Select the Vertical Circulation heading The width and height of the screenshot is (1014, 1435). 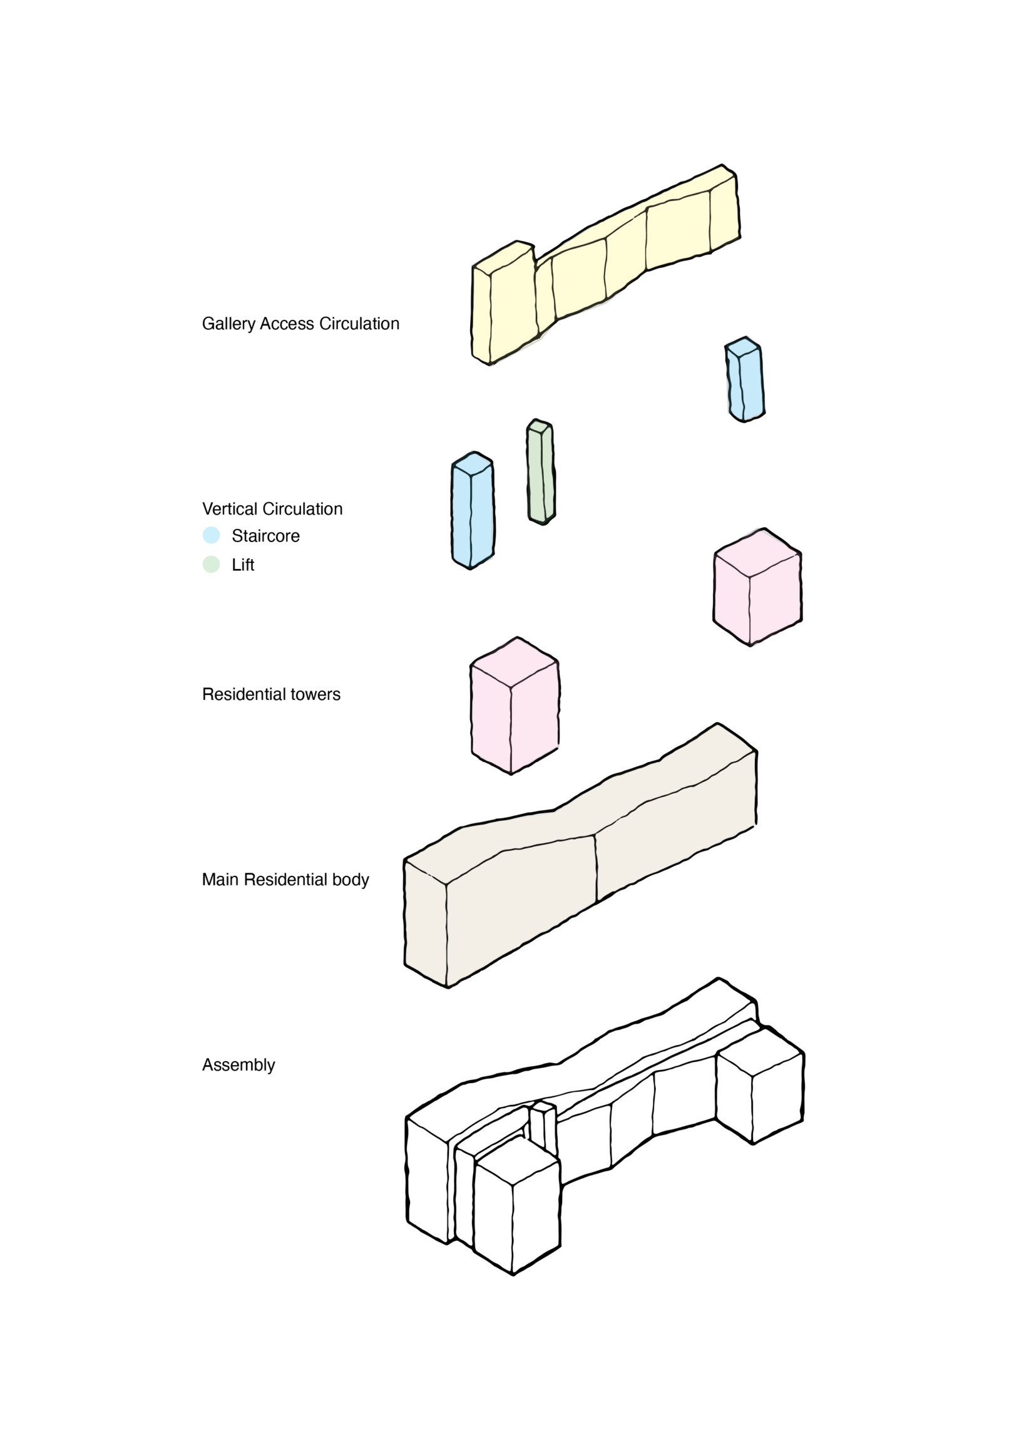pos(272,509)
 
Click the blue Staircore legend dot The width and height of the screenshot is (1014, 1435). pos(212,535)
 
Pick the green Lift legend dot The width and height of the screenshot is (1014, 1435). pos(212,564)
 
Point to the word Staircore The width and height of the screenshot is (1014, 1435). pos(265,536)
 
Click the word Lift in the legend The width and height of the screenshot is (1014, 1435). pos(243,565)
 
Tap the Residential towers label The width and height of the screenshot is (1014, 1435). pos(271,694)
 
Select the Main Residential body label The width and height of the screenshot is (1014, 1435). pos(285,880)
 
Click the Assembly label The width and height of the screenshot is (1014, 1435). pos(238,1065)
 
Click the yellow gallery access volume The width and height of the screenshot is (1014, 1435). pos(626,263)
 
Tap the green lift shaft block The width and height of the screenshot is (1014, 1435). pos(541,473)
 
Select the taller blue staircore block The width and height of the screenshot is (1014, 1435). pos(473,513)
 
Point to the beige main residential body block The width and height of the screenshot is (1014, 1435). pos(563,889)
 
